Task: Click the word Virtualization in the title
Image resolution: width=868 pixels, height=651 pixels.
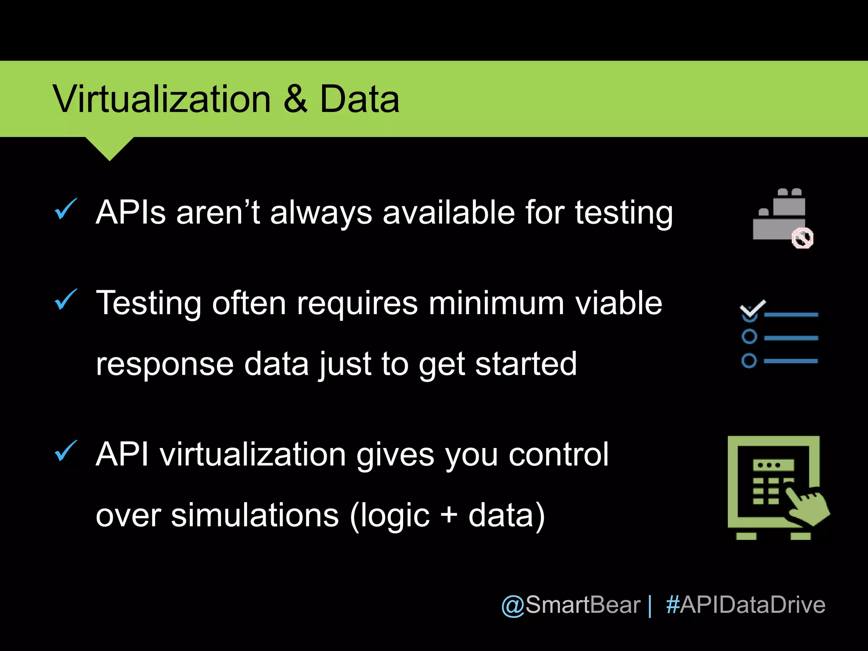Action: coord(161,99)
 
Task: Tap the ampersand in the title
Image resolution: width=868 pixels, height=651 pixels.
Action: coord(295,99)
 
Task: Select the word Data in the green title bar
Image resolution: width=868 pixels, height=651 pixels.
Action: coord(359,99)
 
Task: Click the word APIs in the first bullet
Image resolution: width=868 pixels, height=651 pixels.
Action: coord(131,212)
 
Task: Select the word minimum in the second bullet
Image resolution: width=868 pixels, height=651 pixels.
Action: coord(496,303)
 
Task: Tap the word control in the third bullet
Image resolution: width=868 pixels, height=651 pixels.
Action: coord(558,455)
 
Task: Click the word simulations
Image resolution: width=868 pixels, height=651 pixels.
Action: coord(255,516)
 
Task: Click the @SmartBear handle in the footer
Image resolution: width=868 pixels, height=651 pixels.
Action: coord(570,605)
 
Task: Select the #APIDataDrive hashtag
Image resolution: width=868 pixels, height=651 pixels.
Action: coord(746,605)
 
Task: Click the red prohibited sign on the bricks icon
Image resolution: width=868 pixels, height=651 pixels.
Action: coord(802,238)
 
